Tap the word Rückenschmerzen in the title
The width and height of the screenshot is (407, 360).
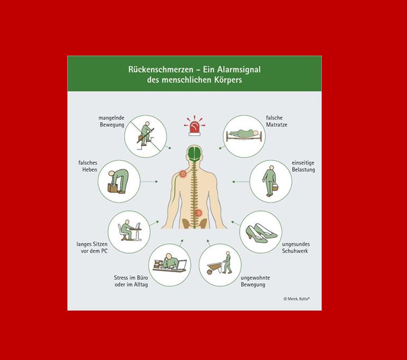160,70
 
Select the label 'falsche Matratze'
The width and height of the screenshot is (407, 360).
277,121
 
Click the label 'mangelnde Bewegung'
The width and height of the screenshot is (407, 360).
112,121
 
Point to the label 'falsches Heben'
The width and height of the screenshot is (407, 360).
88,166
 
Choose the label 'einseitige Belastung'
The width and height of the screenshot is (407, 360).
303,166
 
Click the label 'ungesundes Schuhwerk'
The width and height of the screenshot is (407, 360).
296,247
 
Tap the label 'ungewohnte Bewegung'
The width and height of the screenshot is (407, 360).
255,281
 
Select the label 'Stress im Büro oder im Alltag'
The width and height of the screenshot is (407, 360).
131,281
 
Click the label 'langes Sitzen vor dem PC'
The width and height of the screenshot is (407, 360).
92,247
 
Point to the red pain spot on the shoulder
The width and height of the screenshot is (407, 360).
182,173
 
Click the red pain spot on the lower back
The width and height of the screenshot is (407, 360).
198,213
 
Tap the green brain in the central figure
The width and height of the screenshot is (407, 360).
194,153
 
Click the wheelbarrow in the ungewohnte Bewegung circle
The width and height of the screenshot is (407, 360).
214,268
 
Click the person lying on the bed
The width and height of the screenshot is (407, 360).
243,133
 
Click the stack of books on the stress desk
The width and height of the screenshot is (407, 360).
158,264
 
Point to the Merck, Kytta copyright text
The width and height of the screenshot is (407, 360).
297,299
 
